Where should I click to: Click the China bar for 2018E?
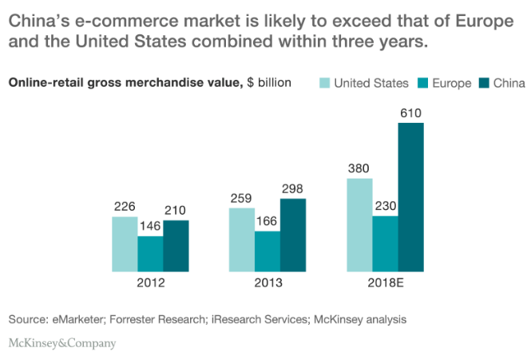410,197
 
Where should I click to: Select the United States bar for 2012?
125,243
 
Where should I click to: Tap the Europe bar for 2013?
267,251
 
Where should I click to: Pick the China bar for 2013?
293,235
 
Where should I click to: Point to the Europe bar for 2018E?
385,243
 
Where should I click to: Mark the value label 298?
293,189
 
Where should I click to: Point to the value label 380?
359,168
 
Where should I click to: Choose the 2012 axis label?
150,283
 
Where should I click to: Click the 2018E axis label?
386,283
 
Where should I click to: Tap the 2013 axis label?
267,283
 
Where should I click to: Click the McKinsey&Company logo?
62,343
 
